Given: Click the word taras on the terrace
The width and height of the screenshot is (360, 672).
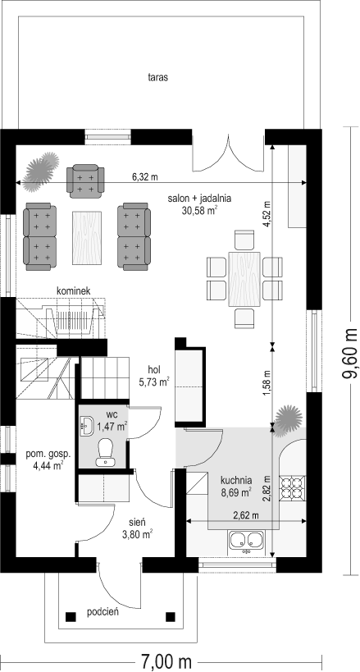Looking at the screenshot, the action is pyautogui.click(x=157, y=78).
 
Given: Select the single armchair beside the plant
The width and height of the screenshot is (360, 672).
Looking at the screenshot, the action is pyautogui.click(x=85, y=179).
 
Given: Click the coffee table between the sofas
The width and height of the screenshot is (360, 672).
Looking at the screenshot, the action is pyautogui.click(x=88, y=237).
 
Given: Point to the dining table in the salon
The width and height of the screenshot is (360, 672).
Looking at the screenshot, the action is pyautogui.click(x=244, y=280).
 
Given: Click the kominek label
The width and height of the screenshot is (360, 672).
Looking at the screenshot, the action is pyautogui.click(x=73, y=291).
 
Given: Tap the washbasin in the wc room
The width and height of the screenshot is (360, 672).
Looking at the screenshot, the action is pyautogui.click(x=87, y=426).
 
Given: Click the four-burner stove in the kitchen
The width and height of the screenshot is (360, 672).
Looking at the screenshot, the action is pyautogui.click(x=293, y=488).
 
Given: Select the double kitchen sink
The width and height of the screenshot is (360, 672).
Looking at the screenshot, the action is pyautogui.click(x=246, y=541).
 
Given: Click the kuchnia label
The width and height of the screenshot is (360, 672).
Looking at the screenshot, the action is pyautogui.click(x=236, y=481).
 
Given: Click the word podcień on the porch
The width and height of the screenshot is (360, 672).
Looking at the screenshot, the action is pyautogui.click(x=103, y=612).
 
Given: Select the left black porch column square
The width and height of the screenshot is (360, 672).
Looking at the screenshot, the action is pyautogui.click(x=71, y=617).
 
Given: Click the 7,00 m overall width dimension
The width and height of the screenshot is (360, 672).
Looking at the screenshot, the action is pyautogui.click(x=166, y=661).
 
